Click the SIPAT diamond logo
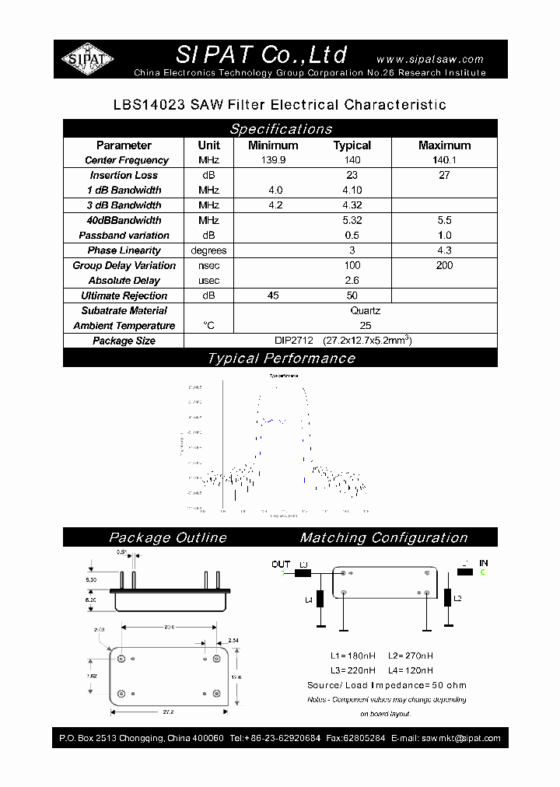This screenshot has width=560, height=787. [88, 59]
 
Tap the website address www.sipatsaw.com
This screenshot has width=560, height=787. [429, 59]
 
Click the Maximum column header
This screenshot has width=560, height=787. [444, 145]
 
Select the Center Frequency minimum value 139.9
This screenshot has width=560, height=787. [273, 160]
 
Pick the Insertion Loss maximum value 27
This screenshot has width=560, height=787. [444, 175]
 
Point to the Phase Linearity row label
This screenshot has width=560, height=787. [124, 250]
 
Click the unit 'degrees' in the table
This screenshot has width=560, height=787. [208, 250]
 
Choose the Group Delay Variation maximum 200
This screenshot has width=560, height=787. [444, 265]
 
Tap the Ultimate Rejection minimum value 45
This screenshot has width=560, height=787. [273, 296]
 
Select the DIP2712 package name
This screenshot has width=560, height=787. [294, 341]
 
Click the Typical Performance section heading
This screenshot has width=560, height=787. [280, 359]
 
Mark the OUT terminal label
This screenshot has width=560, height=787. [281, 565]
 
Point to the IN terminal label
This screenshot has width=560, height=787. [483, 563]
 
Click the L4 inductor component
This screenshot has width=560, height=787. [320, 600]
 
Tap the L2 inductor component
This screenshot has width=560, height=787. [447, 597]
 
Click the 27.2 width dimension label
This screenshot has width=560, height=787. [168, 711]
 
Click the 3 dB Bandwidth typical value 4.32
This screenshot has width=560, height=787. [352, 205]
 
